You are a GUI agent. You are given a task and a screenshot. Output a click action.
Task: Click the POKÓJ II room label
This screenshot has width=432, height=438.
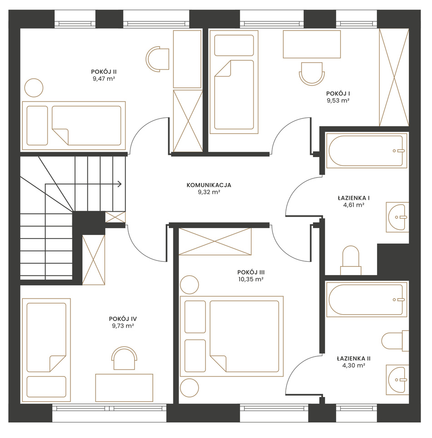104,72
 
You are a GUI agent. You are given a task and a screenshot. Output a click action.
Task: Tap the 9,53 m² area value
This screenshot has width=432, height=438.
338,100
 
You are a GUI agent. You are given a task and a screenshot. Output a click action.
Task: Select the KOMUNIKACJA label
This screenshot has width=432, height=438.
209,185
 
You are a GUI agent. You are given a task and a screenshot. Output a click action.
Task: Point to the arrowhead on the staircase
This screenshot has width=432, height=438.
120,184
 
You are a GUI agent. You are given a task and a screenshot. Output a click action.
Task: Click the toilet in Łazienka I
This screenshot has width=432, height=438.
351,260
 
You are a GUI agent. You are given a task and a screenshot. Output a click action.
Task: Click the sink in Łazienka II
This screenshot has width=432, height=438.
397,380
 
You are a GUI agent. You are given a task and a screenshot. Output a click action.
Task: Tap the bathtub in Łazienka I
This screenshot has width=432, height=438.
367,151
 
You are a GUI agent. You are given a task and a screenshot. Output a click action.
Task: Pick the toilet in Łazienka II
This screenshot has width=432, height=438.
395,341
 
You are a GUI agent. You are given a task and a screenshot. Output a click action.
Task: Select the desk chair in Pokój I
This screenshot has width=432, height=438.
311,74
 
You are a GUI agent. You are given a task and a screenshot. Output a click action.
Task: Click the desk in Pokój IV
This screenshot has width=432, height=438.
124,388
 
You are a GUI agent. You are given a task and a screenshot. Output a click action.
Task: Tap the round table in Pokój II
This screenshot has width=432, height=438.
34,88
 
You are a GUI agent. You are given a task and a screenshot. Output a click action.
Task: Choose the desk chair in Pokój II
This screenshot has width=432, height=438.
157,59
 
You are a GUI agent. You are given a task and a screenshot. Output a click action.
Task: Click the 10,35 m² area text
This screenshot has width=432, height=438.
251,279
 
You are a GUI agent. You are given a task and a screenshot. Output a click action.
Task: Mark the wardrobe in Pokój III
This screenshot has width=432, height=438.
215,241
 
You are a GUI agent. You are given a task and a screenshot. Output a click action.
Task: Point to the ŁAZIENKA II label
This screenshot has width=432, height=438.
354,358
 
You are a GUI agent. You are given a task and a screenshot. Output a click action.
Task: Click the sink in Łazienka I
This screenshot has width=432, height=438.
397,217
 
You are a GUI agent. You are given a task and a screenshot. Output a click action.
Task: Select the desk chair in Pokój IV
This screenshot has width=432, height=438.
124,358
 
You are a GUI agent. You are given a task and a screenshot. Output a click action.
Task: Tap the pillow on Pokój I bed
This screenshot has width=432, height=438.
234,45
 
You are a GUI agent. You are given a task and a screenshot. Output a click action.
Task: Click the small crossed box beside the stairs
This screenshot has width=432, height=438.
115,217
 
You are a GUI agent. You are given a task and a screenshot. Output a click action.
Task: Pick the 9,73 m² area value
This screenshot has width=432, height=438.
123,326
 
